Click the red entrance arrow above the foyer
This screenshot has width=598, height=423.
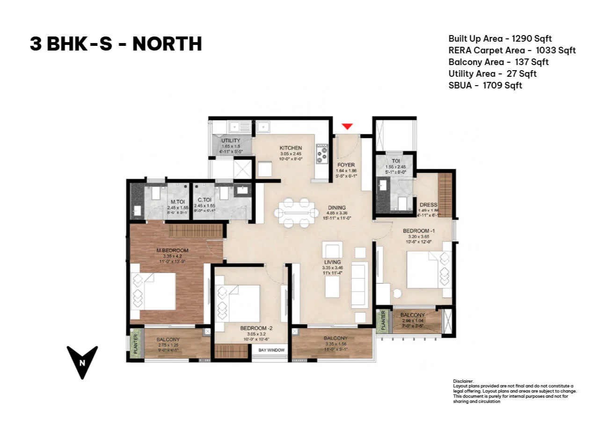(x=347, y=126)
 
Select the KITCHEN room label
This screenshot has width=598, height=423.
(x=291, y=148)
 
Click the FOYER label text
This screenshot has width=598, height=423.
(x=346, y=165)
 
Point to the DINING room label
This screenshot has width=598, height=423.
(x=336, y=208)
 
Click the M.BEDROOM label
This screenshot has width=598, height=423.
(x=172, y=250)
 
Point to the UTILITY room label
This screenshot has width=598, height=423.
(x=231, y=140)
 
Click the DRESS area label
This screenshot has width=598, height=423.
(x=428, y=205)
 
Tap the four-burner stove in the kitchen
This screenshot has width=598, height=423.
(x=321, y=153)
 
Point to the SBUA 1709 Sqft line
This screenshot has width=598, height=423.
(x=485, y=86)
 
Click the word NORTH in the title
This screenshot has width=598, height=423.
(x=167, y=44)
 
